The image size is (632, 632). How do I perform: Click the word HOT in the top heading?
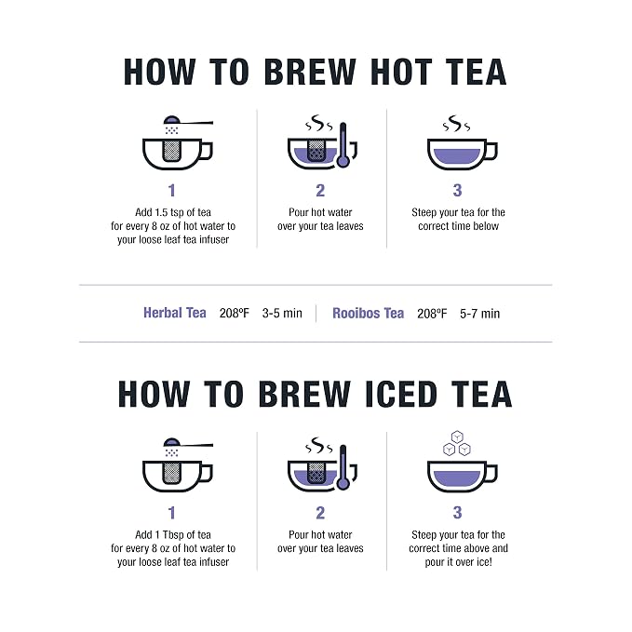tap(401, 72)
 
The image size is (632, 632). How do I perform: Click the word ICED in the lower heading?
tap(401, 395)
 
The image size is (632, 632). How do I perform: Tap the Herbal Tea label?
tap(175, 313)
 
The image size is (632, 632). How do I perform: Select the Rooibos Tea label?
tap(368, 313)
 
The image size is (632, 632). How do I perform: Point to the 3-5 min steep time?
tap(282, 313)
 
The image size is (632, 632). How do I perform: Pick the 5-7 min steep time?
tap(479, 314)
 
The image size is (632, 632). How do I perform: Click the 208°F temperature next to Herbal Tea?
tap(235, 313)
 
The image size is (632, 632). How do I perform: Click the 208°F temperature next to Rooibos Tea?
tap(432, 314)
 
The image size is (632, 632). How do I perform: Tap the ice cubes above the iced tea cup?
tap(457, 443)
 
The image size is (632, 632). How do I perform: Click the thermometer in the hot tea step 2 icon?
tap(343, 144)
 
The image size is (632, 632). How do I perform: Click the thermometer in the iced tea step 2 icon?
tap(343, 466)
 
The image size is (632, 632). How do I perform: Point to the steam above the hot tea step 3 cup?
tap(456, 124)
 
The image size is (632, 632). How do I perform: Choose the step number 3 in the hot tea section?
tap(457, 190)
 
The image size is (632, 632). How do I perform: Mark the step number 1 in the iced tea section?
tap(172, 513)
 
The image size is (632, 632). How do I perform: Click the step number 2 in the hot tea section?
tap(320, 190)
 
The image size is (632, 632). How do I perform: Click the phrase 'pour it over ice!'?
tap(458, 562)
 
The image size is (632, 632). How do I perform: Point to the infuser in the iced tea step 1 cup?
tap(171, 473)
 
